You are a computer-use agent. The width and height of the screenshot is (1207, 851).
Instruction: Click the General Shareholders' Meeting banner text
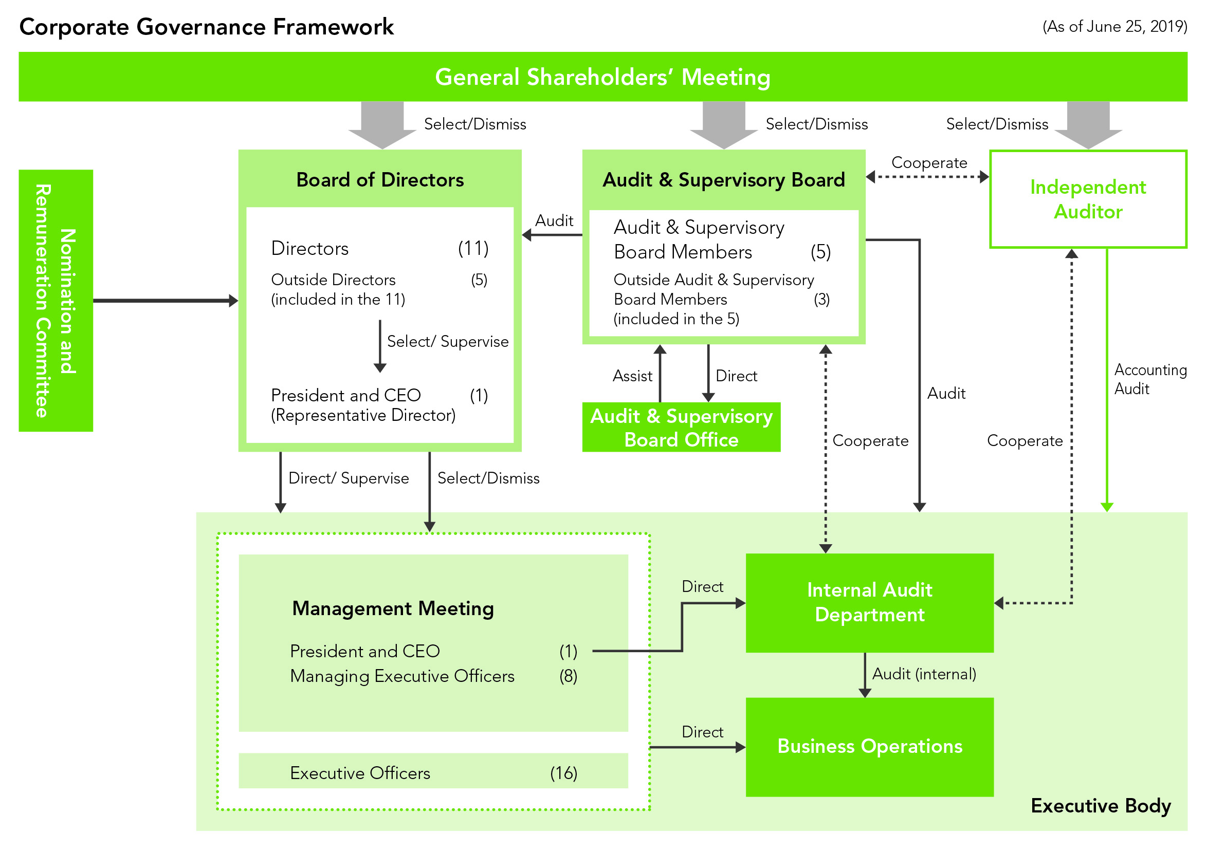click(x=602, y=77)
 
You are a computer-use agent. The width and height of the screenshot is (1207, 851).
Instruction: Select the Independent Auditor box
click(x=1088, y=199)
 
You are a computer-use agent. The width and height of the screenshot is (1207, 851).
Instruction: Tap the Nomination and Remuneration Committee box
click(x=56, y=301)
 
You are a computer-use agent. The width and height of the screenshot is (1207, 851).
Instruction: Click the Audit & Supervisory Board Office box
click(x=681, y=428)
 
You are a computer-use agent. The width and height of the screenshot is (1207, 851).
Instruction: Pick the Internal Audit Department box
click(x=869, y=602)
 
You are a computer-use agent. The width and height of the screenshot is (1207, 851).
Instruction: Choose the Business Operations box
click(x=869, y=746)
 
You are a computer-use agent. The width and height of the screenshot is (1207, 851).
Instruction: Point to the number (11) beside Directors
click(x=473, y=248)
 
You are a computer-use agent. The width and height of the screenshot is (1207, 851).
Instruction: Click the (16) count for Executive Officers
click(x=563, y=773)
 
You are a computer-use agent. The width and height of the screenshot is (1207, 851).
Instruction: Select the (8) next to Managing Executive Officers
click(x=568, y=676)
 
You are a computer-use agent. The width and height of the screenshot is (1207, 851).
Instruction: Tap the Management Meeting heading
click(x=393, y=608)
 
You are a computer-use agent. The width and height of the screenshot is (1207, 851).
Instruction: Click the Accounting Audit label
click(x=1150, y=379)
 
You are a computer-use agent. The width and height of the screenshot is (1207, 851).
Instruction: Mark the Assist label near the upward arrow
click(x=632, y=376)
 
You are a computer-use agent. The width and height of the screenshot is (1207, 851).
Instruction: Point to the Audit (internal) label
click(x=924, y=674)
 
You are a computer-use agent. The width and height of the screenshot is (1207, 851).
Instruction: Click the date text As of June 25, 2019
click(x=1114, y=26)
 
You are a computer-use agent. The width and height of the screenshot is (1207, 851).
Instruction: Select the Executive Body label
click(x=1100, y=806)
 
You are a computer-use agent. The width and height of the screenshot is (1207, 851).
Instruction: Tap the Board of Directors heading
click(x=379, y=180)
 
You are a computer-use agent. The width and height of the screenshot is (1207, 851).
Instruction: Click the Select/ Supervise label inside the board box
click(x=447, y=342)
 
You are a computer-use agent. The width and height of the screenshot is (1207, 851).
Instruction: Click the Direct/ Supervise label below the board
click(x=349, y=478)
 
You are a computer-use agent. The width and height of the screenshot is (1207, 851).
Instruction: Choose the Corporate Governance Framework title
click(x=206, y=27)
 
